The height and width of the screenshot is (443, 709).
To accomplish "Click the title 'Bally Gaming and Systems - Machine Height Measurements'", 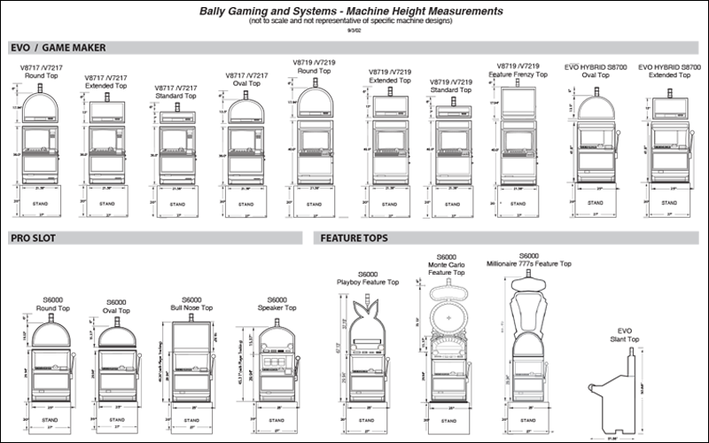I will tap(354, 12).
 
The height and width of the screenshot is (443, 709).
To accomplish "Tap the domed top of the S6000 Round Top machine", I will tap(52, 334).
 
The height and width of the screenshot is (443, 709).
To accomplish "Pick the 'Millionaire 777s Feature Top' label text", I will tap(529, 263).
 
